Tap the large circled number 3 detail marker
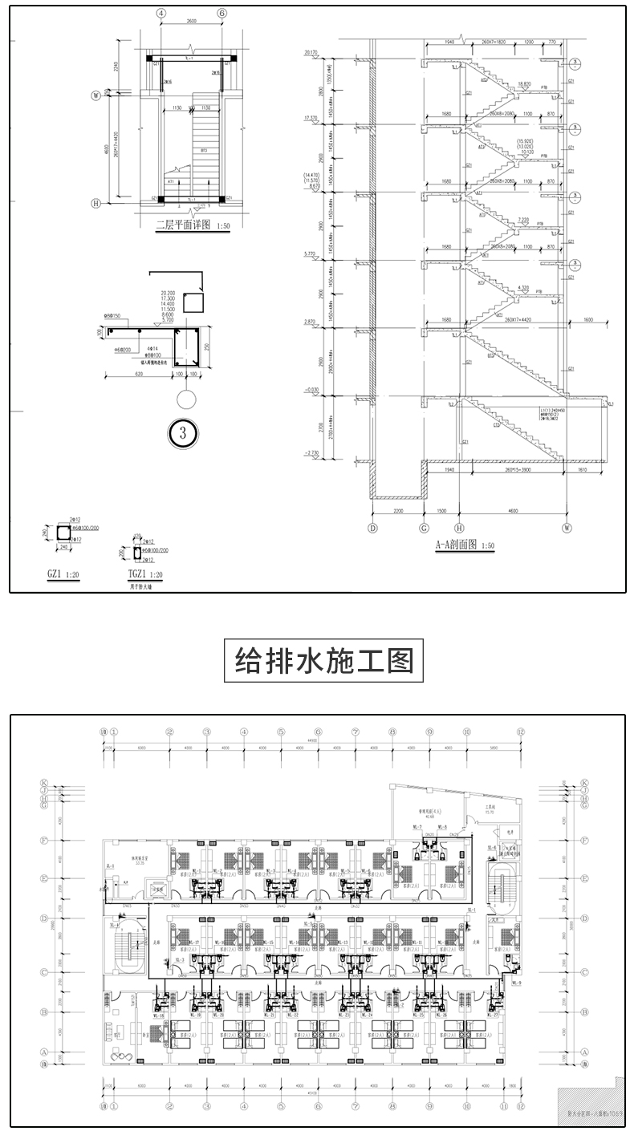coord(183,434)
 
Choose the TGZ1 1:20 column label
coord(145,574)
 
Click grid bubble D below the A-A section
coord(372,528)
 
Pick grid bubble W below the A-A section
coord(567,528)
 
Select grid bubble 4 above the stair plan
coord(161,14)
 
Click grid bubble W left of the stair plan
coord(96,95)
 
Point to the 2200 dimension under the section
coord(397,511)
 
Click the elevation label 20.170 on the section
coord(312,53)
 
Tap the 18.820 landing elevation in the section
coord(525,83)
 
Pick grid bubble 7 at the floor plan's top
coord(355,732)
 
